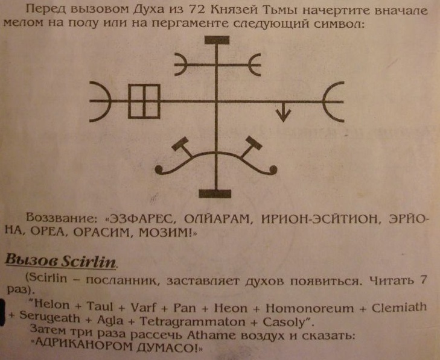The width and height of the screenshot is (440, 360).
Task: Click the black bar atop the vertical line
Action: pyautogui.click(x=217, y=40)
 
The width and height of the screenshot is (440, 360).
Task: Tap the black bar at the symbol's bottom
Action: pyautogui.click(x=215, y=194)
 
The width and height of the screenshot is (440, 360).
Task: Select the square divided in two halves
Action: pyautogui.click(x=144, y=101)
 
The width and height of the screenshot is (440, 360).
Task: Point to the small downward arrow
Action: pyautogui.click(x=283, y=112)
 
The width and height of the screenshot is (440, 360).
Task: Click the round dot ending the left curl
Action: pyautogui.click(x=159, y=169)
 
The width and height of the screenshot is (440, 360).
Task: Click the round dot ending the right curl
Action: pyautogui.click(x=273, y=169)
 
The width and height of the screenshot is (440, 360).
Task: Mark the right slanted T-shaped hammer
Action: pyautogui.click(x=251, y=147)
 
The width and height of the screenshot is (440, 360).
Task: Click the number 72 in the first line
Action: pyautogui.click(x=196, y=10)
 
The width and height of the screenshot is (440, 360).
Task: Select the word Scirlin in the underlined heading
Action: pyautogui.click(x=89, y=261)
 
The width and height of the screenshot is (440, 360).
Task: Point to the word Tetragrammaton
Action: pyautogui.click(x=193, y=321)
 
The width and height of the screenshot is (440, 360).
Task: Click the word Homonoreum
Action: pyautogui.click(x=310, y=308)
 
